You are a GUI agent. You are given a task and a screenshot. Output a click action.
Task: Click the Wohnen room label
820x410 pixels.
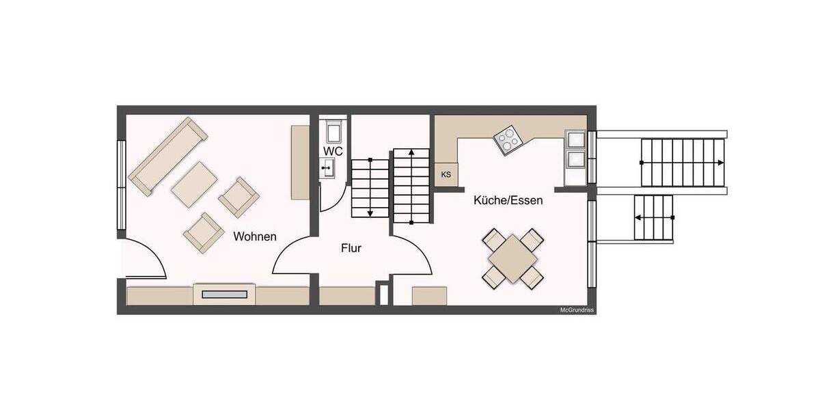pos(255,236)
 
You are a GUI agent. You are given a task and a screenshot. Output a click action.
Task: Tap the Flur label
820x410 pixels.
pos(351,248)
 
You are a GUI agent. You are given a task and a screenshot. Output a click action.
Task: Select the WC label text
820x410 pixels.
pos(333,150)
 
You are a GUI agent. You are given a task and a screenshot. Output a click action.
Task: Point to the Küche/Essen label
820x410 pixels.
pos(508,200)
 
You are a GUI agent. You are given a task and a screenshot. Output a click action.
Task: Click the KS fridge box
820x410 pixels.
pos(446,175)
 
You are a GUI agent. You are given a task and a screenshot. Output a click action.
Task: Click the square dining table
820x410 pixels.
pos(512,258)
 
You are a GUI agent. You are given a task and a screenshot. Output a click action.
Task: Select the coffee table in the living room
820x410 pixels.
pos(195,183)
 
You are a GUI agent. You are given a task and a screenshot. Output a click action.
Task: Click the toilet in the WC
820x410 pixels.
pos(335,130)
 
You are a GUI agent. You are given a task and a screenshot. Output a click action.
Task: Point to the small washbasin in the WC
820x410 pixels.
pos(327,166)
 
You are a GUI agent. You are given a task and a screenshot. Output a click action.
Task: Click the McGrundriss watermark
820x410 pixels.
pos(577,310)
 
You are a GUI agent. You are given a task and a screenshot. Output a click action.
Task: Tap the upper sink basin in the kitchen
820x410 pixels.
pos(575,139)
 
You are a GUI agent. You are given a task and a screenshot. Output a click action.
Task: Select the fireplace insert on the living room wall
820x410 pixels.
pos(225,295)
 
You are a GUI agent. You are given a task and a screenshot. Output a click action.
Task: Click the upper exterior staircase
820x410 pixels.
pos(682,162)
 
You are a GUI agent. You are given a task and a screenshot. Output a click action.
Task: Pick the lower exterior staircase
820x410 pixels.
pos(654,217)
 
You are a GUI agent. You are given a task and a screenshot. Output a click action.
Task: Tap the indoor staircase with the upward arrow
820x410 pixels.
pos(411,186)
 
